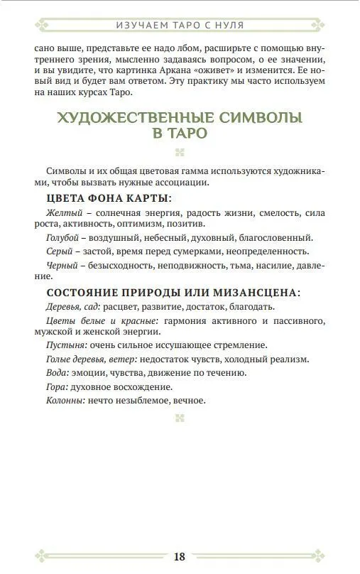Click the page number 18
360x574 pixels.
(180, 556)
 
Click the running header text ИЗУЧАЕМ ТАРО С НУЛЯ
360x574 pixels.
(180, 25)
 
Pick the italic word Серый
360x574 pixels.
(58, 251)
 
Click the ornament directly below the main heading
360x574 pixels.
(180, 151)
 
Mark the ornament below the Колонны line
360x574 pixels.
(180, 418)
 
